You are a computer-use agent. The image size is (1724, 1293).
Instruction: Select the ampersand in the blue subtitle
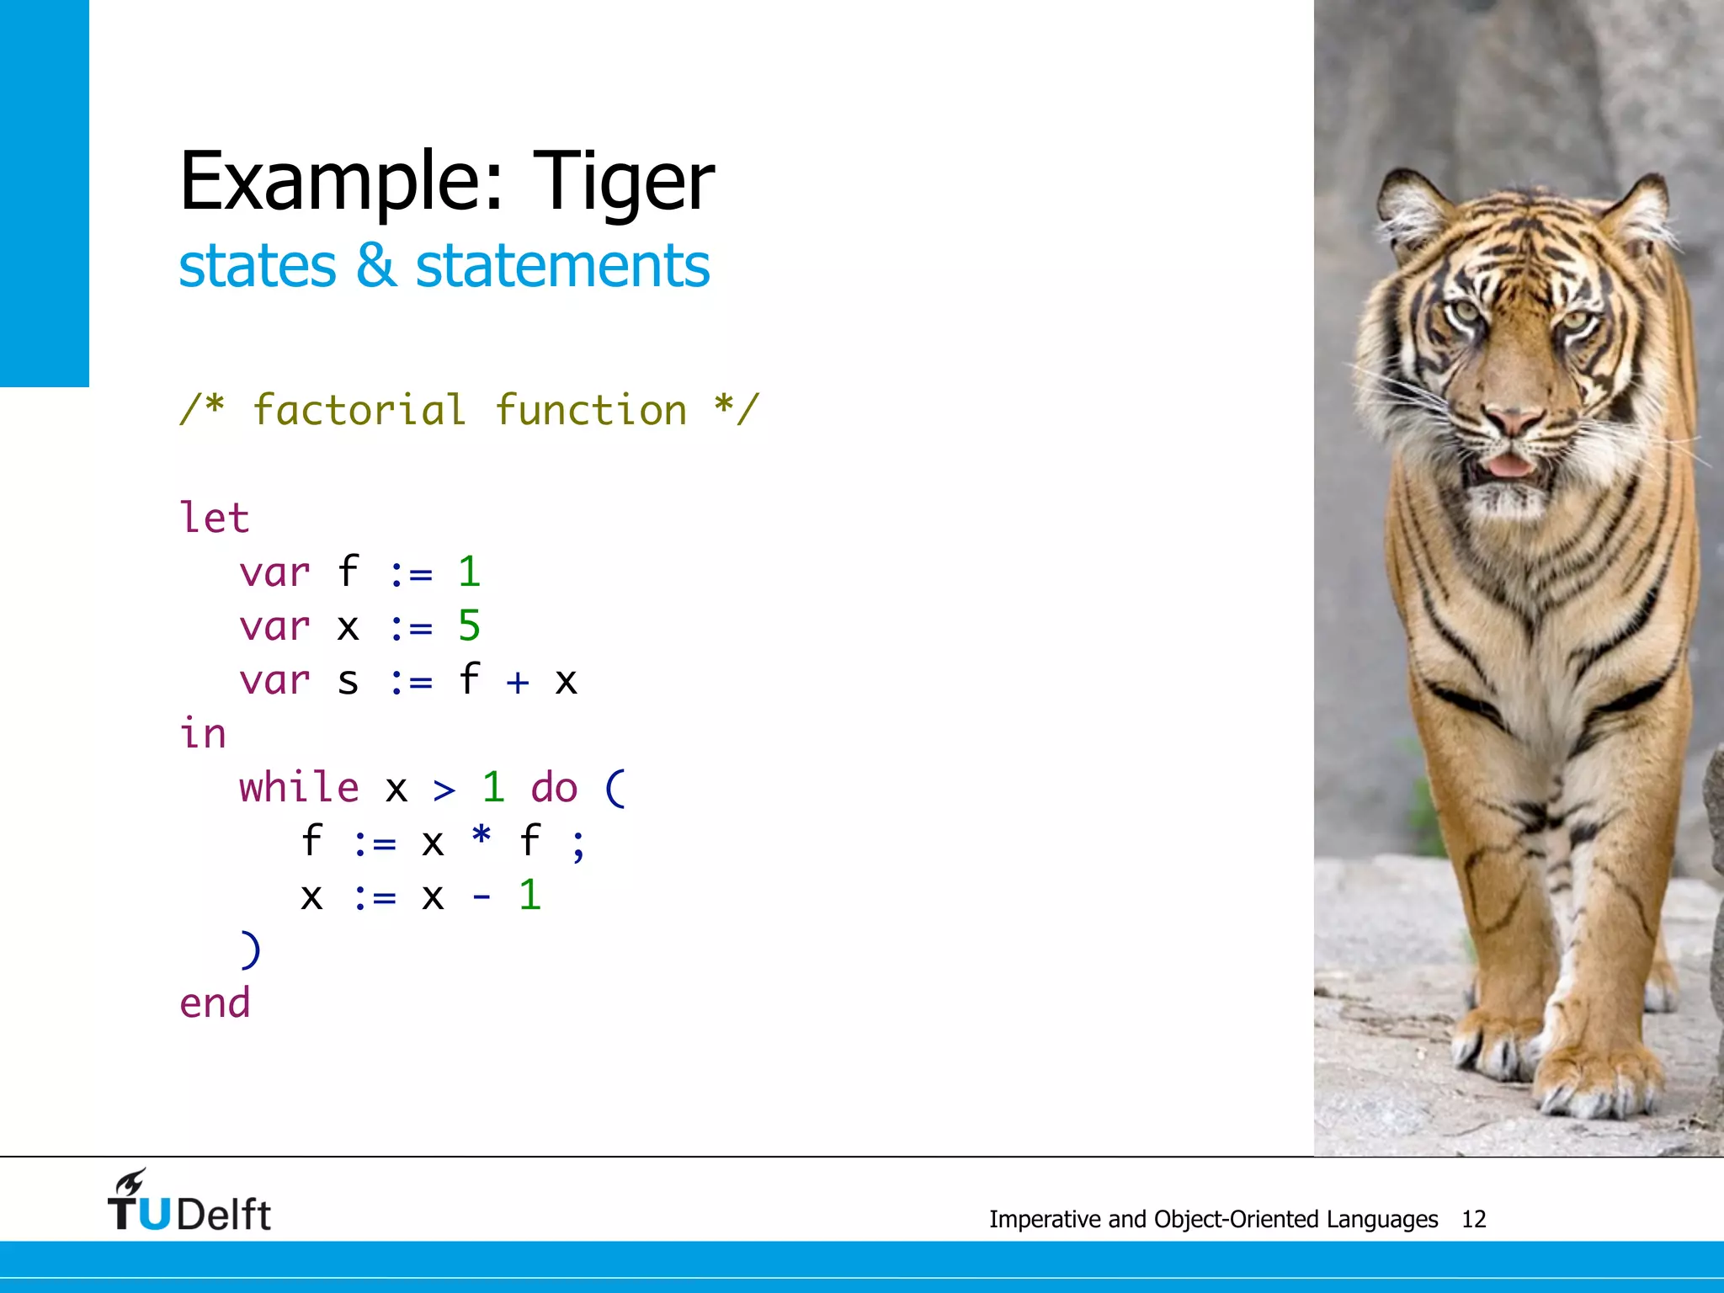pyautogui.click(x=375, y=266)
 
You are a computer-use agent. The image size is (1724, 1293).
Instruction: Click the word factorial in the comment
pyautogui.click(x=359, y=411)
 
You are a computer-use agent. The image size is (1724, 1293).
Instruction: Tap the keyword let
pyautogui.click(x=215, y=517)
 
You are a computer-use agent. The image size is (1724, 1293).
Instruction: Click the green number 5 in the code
pyautogui.click(x=469, y=625)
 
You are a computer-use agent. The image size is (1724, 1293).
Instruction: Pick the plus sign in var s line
pyautogui.click(x=518, y=681)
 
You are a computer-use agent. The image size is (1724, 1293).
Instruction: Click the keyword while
pyautogui.click(x=299, y=788)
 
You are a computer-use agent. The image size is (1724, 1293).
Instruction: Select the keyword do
pyautogui.click(x=554, y=788)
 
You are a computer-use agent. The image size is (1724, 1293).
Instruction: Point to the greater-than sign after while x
pyautogui.click(x=444, y=790)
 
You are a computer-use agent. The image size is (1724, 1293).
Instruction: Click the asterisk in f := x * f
pyautogui.click(x=481, y=837)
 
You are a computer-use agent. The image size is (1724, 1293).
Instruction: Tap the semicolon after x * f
pyautogui.click(x=578, y=845)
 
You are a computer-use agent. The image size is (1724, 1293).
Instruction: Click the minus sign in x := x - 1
pyautogui.click(x=481, y=897)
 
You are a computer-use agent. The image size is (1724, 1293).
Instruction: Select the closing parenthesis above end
pyautogui.click(x=251, y=950)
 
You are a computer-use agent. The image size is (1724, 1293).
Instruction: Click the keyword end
pyautogui.click(x=215, y=1003)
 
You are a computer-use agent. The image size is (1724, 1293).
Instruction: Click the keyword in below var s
pyautogui.click(x=203, y=734)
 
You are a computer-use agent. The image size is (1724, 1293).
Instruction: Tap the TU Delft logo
pyautogui.click(x=189, y=1203)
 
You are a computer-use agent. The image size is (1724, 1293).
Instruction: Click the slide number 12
pyautogui.click(x=1473, y=1219)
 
